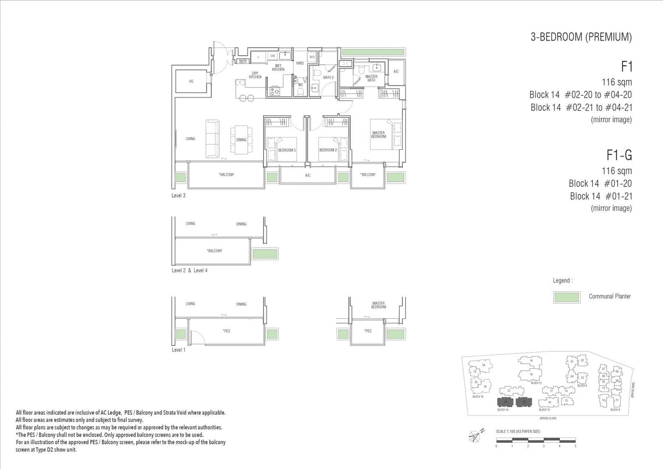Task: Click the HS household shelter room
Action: (x=191, y=81)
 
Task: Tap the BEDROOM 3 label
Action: (x=287, y=150)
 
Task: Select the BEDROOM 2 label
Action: (x=328, y=150)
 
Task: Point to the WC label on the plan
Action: (x=300, y=85)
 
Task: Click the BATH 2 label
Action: (x=328, y=77)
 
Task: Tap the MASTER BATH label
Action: (x=371, y=78)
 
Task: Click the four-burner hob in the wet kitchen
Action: (x=274, y=91)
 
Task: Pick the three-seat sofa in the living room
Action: (x=213, y=139)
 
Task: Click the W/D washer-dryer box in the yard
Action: (x=312, y=57)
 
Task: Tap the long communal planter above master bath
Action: (x=373, y=52)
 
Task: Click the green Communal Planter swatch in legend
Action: (x=566, y=297)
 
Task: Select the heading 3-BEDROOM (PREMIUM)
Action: (x=581, y=37)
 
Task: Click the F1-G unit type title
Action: (x=619, y=155)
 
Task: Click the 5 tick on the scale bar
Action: (x=575, y=446)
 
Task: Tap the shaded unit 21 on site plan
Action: (x=505, y=402)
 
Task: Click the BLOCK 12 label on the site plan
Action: (x=536, y=383)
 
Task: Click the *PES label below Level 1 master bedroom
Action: (x=368, y=331)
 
